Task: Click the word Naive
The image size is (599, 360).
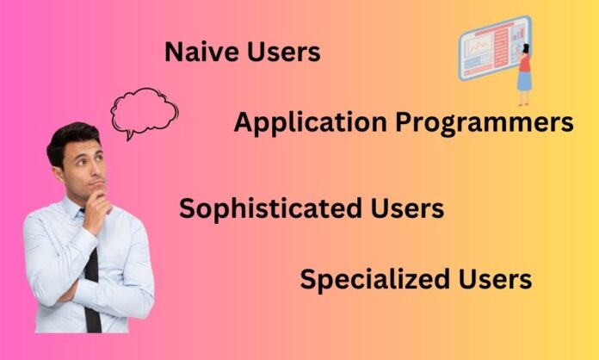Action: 201,52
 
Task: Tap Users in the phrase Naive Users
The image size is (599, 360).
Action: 284,52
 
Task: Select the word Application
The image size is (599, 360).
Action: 310,123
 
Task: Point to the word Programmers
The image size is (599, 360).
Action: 485,123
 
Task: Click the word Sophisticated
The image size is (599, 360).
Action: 270,209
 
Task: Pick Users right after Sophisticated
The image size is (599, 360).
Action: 407,208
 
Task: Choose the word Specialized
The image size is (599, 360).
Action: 374,279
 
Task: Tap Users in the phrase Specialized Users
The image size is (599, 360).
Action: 495,279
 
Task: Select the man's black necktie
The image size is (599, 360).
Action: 92,290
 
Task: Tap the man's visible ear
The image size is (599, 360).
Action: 59,174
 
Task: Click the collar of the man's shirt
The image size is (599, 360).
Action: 74,208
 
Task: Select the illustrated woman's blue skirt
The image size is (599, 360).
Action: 524,81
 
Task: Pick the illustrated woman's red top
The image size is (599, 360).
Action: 524,63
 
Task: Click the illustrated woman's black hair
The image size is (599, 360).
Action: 527,48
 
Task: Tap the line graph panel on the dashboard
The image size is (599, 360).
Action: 478,46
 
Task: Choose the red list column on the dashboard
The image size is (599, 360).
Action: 501,47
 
